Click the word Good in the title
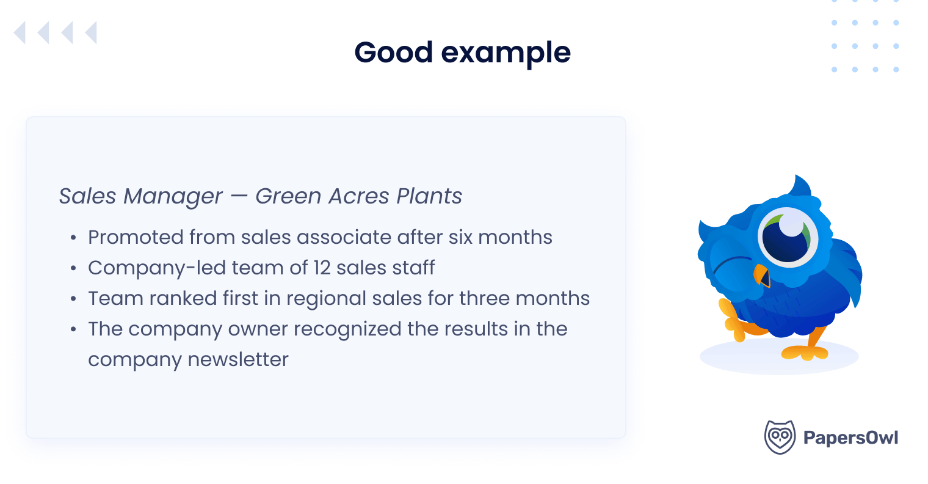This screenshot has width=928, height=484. (393, 53)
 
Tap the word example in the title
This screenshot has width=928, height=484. (506, 54)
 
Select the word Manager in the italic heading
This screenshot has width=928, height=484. (173, 197)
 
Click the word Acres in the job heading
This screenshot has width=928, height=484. (358, 196)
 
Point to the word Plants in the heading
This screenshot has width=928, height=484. (429, 196)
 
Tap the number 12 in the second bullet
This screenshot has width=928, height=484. (322, 268)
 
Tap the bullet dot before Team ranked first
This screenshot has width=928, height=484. (73, 299)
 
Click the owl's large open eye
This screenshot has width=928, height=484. (788, 236)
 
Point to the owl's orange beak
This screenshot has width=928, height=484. (761, 276)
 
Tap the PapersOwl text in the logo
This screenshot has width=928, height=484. (850, 438)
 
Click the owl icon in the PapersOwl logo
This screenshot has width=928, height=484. (780, 437)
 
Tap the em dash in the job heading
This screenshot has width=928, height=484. (239, 197)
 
